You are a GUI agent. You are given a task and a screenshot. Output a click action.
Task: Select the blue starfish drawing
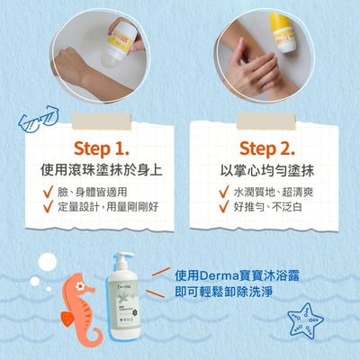coord(307,319)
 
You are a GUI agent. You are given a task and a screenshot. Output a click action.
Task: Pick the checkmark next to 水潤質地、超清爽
coord(224,192)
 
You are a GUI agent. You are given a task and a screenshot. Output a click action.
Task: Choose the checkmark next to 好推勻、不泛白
coord(224,208)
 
